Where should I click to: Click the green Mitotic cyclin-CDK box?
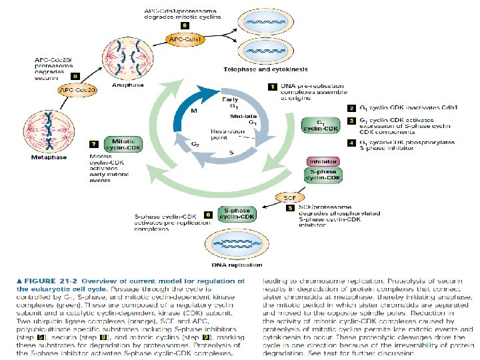(124, 145)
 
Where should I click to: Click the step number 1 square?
(272, 87)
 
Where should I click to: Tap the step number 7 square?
(94, 144)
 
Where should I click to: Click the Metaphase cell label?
(49, 158)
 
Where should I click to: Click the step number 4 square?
(351, 143)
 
